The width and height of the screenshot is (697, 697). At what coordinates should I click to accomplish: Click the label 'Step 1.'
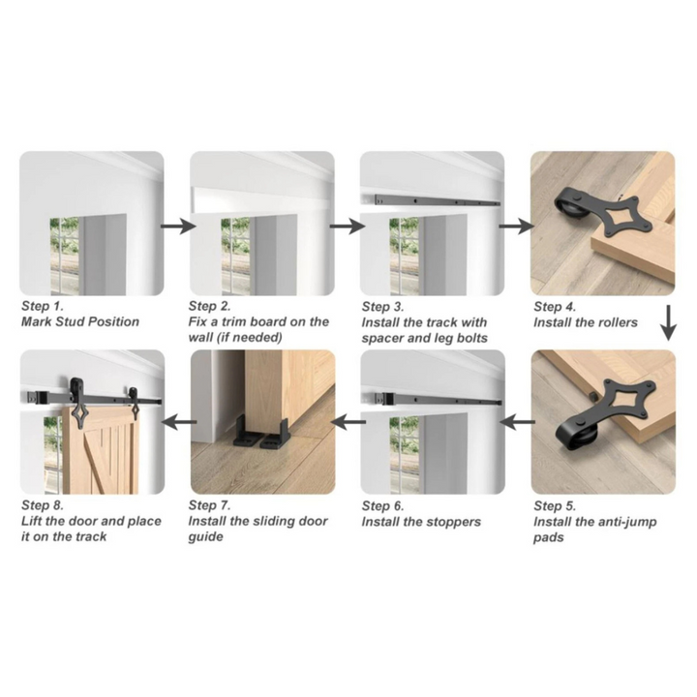coord(43,306)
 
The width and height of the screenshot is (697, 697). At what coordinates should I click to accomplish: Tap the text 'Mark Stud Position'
coord(80,321)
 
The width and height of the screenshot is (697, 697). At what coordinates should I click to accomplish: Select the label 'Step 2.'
coord(209,306)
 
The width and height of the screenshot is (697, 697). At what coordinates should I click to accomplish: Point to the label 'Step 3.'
coord(382,307)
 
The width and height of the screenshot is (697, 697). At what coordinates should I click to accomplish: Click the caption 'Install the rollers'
coord(586,322)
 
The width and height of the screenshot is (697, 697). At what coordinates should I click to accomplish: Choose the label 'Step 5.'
coord(555,506)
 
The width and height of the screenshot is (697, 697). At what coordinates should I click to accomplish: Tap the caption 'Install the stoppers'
coord(421,522)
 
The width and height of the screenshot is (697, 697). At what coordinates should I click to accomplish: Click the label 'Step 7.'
coord(209,505)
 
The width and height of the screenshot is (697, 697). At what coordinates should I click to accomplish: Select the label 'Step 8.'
coord(43,505)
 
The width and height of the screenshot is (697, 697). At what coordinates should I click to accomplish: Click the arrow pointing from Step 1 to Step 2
coord(178,227)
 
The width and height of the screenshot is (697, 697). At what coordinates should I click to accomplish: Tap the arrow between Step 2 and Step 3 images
coord(348,227)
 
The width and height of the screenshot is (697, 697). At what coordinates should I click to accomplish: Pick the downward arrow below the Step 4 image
coord(668,322)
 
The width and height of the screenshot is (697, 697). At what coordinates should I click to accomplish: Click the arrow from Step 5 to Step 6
coord(517,422)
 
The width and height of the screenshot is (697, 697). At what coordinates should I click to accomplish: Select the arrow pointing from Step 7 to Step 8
coord(178,422)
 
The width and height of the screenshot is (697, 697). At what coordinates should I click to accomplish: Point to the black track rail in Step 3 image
coord(437,201)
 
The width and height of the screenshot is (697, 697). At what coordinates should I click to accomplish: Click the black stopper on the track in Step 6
coord(385,398)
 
